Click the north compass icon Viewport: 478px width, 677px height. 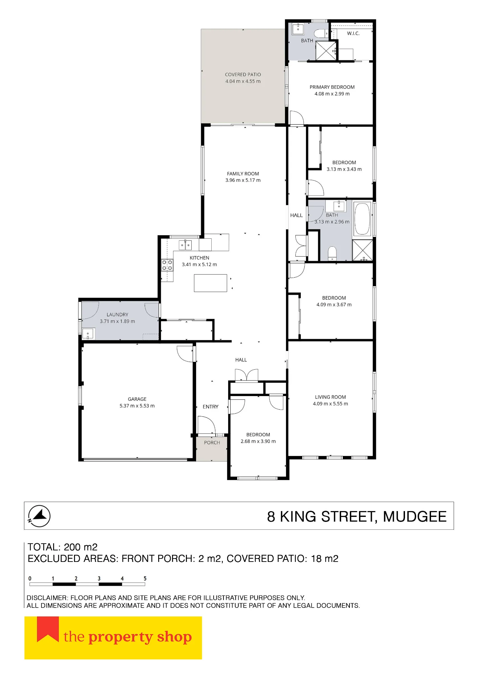[39, 516]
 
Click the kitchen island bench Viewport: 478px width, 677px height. [210, 283]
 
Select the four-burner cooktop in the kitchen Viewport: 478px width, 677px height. [167, 265]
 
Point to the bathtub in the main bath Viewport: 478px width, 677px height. [362, 219]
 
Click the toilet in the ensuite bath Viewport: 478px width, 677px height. [321, 33]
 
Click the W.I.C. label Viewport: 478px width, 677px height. [353, 33]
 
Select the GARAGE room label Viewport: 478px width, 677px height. [137, 399]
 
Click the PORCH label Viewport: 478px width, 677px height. [212, 442]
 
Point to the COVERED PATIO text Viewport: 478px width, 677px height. [243, 74]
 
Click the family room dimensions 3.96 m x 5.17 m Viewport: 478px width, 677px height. [243, 180]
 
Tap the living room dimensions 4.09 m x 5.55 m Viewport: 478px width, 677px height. [330, 403]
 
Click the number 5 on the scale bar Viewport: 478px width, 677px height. [145, 578]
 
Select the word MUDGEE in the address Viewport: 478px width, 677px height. [415, 517]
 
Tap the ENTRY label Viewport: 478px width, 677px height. [211, 407]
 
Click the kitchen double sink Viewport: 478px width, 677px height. [185, 245]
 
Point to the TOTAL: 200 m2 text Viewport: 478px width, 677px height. [63, 547]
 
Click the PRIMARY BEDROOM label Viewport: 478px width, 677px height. [332, 87]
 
